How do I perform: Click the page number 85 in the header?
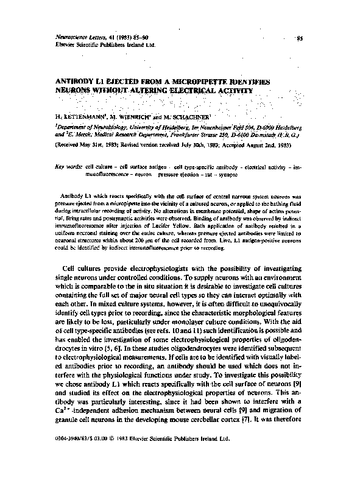299,39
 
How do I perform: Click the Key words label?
68,166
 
